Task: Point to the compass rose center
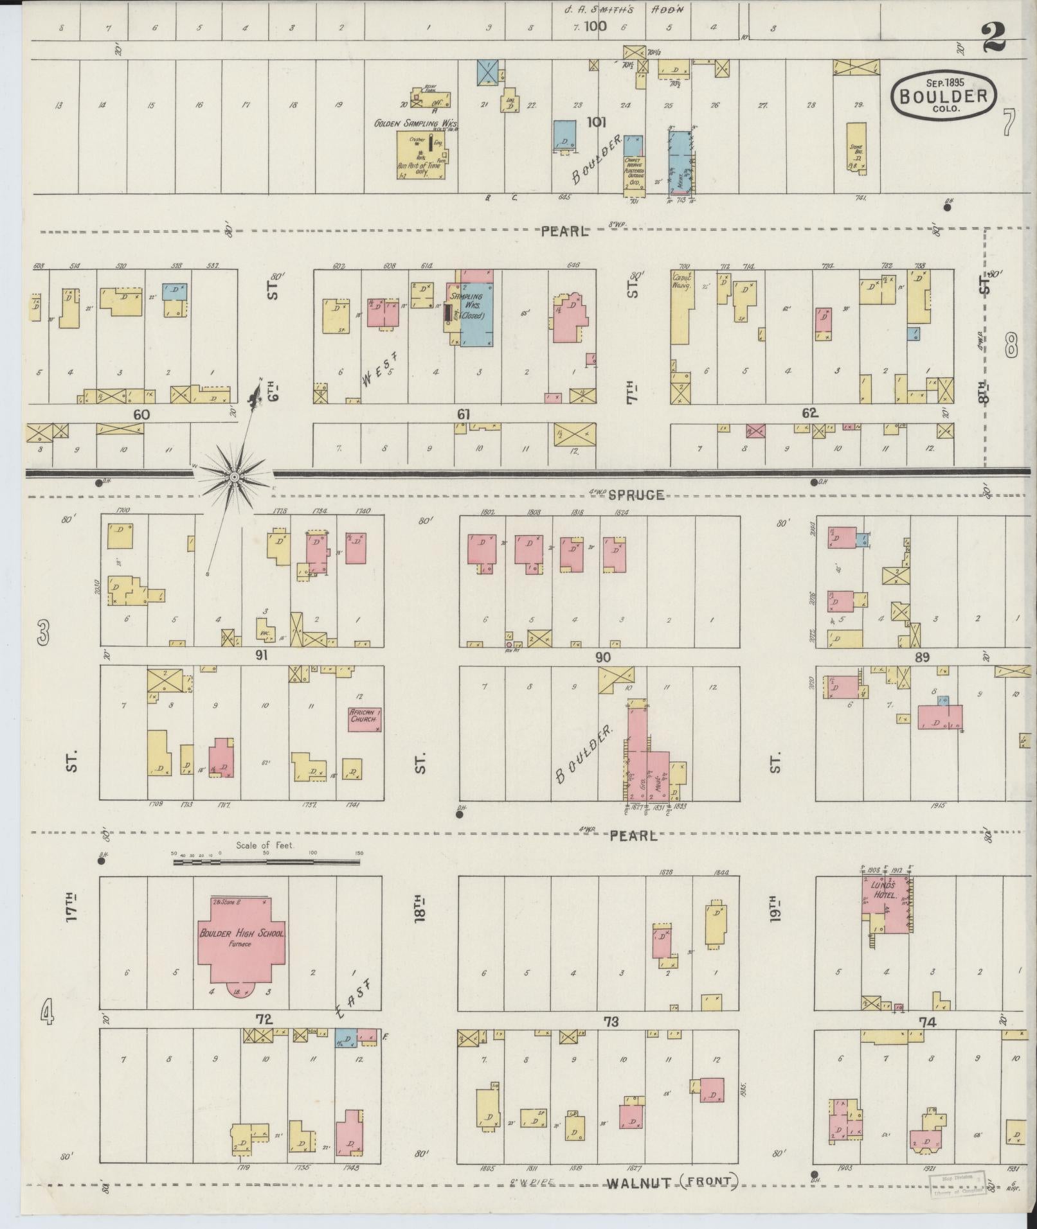pos(235,477)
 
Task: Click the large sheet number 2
pos(993,39)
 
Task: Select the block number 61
pos(463,415)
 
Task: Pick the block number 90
pos(602,657)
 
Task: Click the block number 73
pos(610,1021)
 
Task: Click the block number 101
pos(596,122)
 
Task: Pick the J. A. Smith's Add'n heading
pos(617,10)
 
